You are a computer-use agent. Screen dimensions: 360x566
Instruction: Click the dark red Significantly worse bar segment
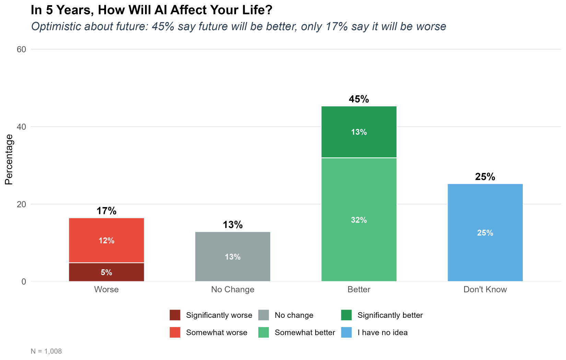pos(106,272)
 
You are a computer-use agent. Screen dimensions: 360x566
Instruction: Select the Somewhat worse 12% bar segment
pos(106,240)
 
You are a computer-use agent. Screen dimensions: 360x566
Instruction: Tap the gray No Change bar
pos(233,256)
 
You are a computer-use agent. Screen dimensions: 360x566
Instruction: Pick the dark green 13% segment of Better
pos(359,132)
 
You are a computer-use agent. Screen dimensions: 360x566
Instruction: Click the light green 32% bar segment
pos(359,220)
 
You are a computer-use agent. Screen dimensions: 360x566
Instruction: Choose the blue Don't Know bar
pos(485,233)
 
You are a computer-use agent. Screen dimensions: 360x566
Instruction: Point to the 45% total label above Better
pos(359,99)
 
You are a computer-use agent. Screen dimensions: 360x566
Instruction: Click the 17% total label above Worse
pos(106,211)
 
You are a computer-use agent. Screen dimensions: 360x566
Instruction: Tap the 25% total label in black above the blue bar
pos(485,177)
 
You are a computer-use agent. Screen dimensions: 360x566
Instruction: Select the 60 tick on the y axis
pos(21,49)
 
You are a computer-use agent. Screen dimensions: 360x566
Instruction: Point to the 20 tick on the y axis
pos(21,204)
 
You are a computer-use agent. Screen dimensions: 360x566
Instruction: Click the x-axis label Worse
pos(106,289)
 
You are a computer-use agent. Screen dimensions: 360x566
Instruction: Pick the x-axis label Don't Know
pos(485,289)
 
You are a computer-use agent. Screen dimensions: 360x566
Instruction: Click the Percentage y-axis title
pos(9,159)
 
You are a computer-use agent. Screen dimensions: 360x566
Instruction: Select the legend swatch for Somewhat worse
pos(175,332)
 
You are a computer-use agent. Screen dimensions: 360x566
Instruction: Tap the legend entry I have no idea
pos(382,332)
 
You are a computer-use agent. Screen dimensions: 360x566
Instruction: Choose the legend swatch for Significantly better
pos(346,315)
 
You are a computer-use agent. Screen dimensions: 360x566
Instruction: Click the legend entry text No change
pos(294,315)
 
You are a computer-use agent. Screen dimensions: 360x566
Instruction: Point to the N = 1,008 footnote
pos(46,351)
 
